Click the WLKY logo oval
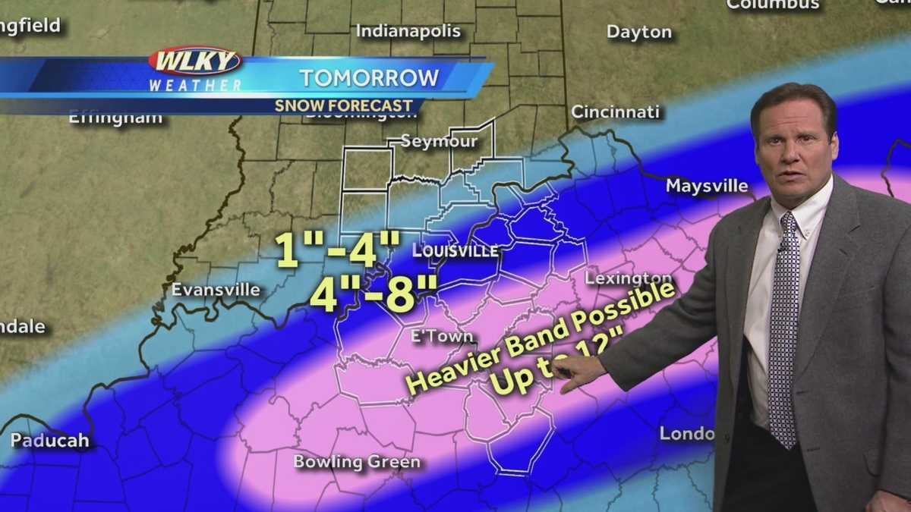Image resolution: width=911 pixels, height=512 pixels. pos(195,60)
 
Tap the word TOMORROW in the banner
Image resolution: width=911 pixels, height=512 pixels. pos(369,77)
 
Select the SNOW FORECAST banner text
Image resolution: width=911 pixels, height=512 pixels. pos(344,105)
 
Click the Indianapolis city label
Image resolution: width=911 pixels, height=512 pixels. pos(408,31)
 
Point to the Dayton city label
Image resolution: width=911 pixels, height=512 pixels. pos(639,32)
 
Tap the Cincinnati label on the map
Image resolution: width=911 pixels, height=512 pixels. pos(615,112)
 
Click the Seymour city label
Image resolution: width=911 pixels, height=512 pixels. pos(439,141)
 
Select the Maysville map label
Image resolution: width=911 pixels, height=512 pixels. pos(707,186)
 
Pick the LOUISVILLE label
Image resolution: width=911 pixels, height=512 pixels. pos(455,251)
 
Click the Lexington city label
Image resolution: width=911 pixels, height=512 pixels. pos(629,278)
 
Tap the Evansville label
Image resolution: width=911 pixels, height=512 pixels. pos(216,290)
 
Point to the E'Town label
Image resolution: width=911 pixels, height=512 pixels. pos(442,336)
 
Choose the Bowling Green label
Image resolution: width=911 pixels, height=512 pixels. pos(357,461)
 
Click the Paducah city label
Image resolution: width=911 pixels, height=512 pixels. pos(49,441)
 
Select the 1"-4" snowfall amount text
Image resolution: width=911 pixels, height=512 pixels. pos(338,250)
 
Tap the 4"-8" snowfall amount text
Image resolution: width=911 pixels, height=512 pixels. pos(374,294)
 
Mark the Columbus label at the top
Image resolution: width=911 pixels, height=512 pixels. pos(773,5)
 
